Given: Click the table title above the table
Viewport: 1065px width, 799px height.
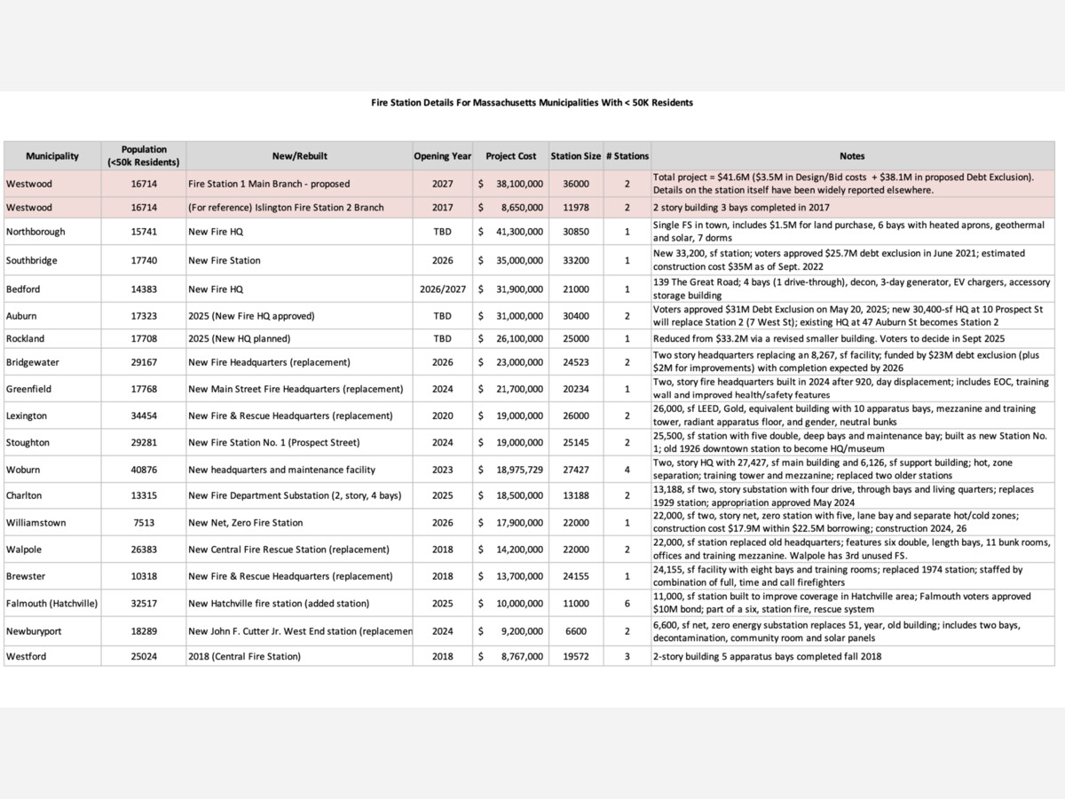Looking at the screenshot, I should (532, 103).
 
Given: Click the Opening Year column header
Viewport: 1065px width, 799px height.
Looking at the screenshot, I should (442, 156).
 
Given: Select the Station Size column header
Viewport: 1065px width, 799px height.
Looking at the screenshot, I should (575, 156).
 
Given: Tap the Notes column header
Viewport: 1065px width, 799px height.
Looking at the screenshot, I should (852, 156).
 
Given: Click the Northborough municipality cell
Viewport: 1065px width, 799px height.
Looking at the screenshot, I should (35, 232).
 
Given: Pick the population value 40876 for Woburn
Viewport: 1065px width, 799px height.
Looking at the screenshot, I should (144, 470).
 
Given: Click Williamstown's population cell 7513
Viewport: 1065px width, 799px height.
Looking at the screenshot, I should (144, 523).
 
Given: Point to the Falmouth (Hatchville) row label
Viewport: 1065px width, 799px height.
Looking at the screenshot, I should (51, 604).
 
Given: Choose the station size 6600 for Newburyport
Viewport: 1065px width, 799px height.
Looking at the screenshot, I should (575, 630).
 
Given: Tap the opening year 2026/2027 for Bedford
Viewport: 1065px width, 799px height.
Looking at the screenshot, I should (442, 289).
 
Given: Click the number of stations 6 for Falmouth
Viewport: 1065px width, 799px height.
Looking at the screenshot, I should (627, 604).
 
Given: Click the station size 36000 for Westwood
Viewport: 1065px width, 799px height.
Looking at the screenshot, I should (575, 184).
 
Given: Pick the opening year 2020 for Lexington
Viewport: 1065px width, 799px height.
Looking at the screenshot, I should (442, 415).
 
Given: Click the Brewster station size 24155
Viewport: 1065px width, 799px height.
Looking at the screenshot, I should (575, 576).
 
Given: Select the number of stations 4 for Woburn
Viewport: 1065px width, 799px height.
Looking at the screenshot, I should (627, 470).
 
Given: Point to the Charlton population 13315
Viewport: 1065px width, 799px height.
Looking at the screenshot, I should (144, 495).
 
